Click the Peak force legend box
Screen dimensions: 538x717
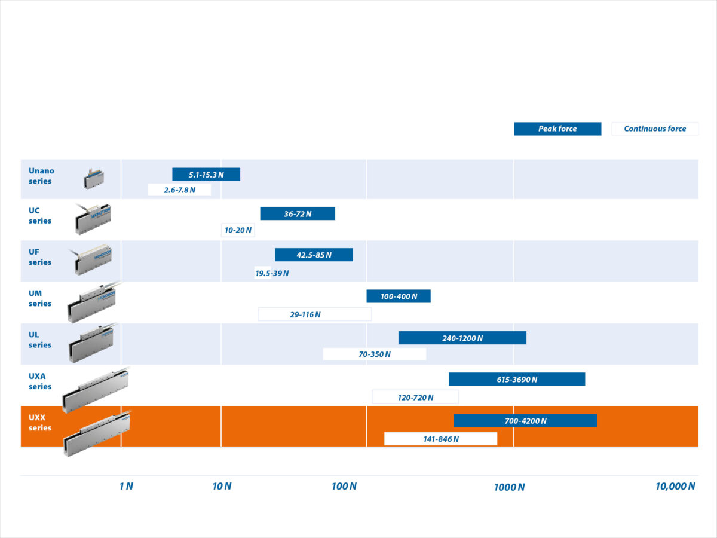557,129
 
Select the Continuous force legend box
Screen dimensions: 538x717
655,129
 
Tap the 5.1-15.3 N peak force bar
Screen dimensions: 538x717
206,175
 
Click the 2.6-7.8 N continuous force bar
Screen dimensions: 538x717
179,190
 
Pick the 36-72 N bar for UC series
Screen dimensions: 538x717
298,213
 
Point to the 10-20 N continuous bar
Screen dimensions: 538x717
238,230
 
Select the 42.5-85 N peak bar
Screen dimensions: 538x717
314,255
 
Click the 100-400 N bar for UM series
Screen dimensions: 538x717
399,296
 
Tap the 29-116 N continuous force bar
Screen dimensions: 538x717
315,314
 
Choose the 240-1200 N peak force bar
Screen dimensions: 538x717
462,338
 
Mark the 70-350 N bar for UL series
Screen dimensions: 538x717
375,354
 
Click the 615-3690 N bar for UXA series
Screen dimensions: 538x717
517,379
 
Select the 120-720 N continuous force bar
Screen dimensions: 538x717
415,397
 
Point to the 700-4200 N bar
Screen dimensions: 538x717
525,420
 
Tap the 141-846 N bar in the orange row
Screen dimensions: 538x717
440,439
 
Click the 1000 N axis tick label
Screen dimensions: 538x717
509,487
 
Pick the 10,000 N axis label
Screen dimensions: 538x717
675,486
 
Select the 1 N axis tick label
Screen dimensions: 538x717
126,486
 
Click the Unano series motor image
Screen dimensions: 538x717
94,179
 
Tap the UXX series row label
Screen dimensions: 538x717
40,423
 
